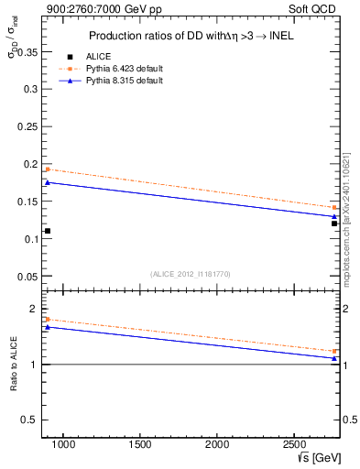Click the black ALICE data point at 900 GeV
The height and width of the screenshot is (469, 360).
pyautogui.click(x=48, y=231)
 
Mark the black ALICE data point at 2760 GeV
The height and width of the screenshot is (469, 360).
pyautogui.click(x=334, y=224)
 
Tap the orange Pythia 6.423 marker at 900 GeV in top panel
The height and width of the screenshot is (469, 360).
pyautogui.click(x=48, y=169)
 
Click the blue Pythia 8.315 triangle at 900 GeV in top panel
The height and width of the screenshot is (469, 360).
pyautogui.click(x=48, y=182)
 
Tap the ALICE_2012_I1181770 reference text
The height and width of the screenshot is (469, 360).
pyautogui.click(x=191, y=273)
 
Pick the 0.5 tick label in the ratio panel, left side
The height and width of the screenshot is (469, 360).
pyautogui.click(x=29, y=420)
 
